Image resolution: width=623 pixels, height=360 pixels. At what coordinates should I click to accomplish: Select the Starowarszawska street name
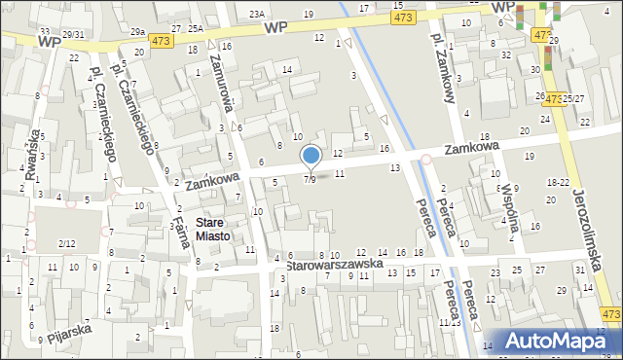tap(331, 264)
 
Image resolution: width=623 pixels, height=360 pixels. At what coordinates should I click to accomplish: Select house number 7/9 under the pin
tap(310, 180)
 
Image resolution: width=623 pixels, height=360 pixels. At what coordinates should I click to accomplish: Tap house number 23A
tap(256, 14)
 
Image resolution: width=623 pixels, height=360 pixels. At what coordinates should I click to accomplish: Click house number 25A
tap(196, 28)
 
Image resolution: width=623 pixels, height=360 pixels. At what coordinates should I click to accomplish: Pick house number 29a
tap(138, 32)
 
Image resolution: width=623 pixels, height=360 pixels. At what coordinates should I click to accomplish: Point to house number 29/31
tap(73, 36)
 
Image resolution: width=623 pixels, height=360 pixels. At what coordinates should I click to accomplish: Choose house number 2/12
tap(66, 242)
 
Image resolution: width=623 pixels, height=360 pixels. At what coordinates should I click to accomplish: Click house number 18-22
tap(558, 182)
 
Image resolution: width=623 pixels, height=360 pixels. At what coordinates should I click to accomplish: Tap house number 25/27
tap(572, 99)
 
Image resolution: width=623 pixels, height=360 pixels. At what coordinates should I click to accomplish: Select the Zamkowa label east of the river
tap(472, 147)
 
